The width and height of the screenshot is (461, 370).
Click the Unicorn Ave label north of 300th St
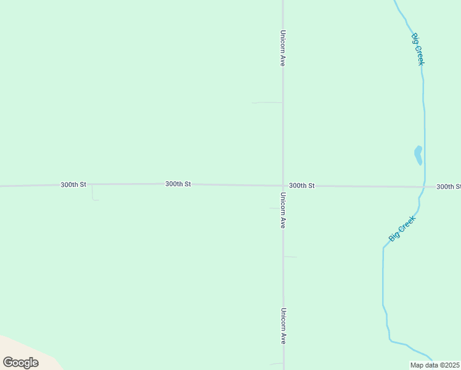(x=282, y=48)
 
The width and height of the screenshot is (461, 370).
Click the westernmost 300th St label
(x=73, y=185)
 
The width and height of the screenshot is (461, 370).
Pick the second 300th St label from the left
(x=178, y=184)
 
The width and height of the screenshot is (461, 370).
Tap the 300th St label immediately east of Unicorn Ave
(x=302, y=186)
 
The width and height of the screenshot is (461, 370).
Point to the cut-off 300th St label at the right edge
(x=449, y=187)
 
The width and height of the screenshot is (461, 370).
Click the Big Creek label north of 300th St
(x=417, y=49)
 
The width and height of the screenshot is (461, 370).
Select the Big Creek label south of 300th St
(x=402, y=228)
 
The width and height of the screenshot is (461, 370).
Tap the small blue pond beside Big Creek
(x=418, y=154)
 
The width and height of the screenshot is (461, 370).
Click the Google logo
(x=20, y=363)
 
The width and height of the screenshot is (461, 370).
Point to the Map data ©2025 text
(x=434, y=365)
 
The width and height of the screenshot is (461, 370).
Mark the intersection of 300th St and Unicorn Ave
(x=283, y=186)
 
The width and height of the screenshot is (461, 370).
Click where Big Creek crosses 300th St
(x=424, y=187)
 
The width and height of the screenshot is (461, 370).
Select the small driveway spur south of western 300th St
(x=93, y=194)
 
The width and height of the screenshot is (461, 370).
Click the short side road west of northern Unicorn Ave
(x=267, y=102)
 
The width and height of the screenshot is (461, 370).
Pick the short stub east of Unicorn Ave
(x=290, y=257)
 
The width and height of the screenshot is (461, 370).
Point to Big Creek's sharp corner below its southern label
(x=383, y=248)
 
